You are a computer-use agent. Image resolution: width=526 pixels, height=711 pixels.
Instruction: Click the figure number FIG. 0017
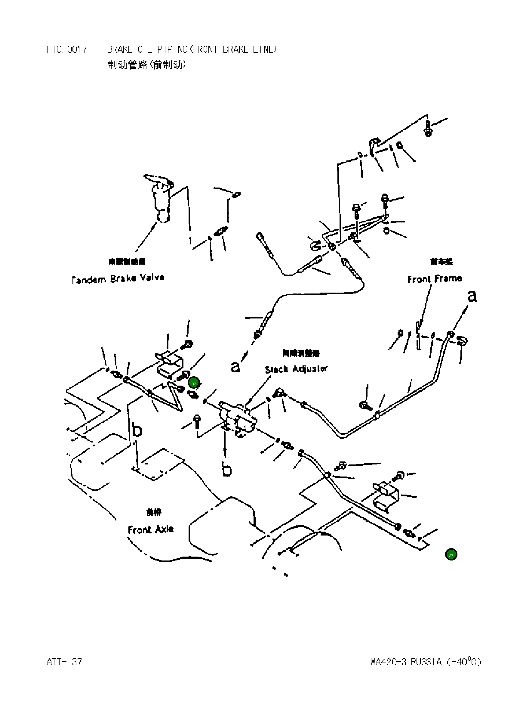point(66,49)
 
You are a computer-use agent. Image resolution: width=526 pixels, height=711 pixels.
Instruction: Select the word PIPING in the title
point(173,49)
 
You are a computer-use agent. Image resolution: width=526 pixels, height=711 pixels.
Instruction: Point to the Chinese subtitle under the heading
point(146,65)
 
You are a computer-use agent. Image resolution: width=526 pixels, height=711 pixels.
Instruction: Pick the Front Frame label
point(434,279)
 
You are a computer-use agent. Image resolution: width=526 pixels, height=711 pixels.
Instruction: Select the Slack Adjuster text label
point(296,369)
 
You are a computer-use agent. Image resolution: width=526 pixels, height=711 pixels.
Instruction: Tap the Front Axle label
point(151,529)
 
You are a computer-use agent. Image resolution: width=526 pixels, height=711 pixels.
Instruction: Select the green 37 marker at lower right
point(451,554)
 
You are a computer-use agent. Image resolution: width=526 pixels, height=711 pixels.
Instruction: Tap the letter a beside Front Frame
point(472,297)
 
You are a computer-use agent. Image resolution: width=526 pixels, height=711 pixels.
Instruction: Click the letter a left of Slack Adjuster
point(235,367)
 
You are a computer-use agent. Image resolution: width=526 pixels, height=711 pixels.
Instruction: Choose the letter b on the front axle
point(137,430)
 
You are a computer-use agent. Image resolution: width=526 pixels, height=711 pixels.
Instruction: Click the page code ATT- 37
point(64,662)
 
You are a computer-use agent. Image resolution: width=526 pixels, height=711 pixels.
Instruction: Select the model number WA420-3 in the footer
point(388,662)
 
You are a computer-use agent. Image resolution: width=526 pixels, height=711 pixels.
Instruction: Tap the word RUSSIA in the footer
point(426,662)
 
